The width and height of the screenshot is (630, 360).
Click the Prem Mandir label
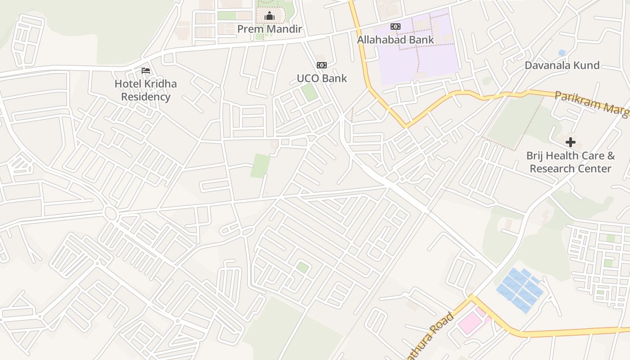click(x=269, y=29)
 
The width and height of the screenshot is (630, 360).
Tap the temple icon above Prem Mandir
click(x=270, y=16)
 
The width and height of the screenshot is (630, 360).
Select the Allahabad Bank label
click(x=396, y=40)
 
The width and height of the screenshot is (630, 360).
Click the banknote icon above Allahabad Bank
click(x=396, y=27)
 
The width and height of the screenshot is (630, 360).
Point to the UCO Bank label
click(x=322, y=78)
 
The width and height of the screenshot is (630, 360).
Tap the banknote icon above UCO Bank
click(x=322, y=65)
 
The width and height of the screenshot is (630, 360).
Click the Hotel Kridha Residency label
click(x=146, y=90)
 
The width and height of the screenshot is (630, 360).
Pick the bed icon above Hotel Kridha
click(x=146, y=71)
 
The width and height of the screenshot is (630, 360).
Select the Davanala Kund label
click(x=562, y=65)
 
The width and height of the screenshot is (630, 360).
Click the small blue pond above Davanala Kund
click(x=562, y=53)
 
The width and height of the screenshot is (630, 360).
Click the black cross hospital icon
click(x=571, y=142)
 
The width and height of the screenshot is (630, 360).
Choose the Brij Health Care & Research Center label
click(x=571, y=162)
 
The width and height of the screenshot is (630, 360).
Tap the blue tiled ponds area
click(x=520, y=290)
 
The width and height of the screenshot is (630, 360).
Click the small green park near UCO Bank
click(x=309, y=92)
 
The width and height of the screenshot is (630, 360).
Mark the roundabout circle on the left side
click(x=110, y=212)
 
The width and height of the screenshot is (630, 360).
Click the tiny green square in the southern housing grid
click(x=302, y=267)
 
